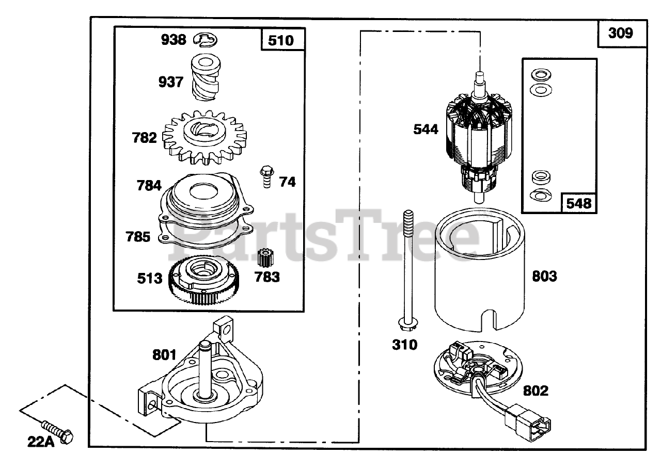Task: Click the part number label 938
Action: (173, 39)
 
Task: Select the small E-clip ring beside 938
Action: (206, 39)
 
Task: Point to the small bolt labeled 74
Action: (266, 177)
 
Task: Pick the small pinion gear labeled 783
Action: (264, 258)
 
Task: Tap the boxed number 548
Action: (578, 203)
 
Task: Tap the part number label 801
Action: (165, 355)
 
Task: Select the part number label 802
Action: (535, 391)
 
